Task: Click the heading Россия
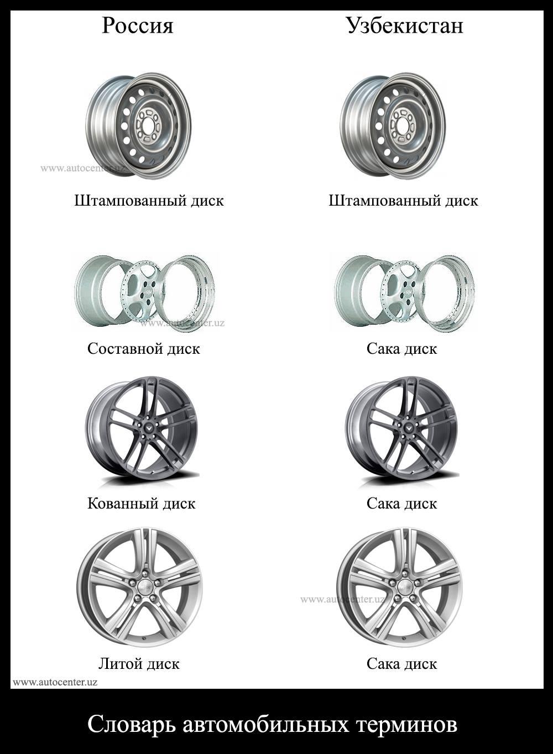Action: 137,25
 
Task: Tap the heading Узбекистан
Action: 404,25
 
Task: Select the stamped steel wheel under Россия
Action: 138,125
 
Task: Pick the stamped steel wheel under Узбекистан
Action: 393,125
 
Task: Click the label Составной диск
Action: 143,349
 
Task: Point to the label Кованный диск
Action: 141,504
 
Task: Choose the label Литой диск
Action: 139,663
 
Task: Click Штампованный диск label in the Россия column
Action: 149,200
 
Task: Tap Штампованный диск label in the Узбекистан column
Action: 403,200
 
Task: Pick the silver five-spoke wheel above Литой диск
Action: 140,587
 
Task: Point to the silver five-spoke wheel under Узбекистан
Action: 399,587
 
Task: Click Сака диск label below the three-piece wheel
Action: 401,349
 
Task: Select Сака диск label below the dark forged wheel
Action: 401,504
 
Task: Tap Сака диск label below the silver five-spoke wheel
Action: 401,663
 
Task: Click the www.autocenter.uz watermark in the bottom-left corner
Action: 55,682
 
